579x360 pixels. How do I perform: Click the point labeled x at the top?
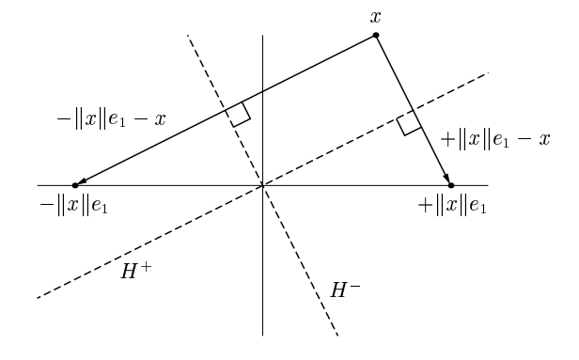coord(376,35)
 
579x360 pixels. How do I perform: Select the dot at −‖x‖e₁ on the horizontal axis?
coord(75,185)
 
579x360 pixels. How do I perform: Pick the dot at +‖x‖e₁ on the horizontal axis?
coord(451,185)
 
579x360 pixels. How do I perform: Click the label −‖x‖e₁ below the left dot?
coord(74,205)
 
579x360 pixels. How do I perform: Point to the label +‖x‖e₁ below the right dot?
coord(452,205)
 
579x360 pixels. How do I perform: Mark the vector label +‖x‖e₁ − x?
coord(495,139)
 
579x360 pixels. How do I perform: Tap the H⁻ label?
coord(345,290)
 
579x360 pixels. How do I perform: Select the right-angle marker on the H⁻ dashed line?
coord(238,114)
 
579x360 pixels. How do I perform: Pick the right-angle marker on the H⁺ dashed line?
coord(409,123)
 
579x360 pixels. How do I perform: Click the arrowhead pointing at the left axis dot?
coord(82,182)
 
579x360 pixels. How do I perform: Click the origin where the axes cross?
coord(262,185)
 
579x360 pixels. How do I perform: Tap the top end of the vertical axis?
coord(262,36)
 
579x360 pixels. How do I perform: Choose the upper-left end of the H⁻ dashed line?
coord(188,36)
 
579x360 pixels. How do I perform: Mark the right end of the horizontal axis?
coord(488,185)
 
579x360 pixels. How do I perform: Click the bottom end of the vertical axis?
coord(262,335)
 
